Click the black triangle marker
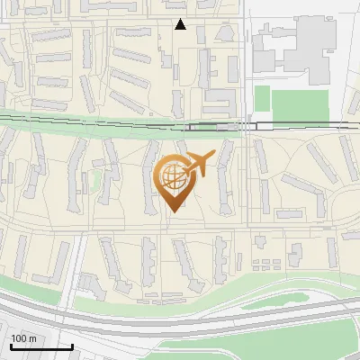[180, 24]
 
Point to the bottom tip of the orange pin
[171, 211]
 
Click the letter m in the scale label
[33, 338]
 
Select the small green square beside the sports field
[262, 99]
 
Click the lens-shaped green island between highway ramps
[270, 296]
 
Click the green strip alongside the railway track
[90, 116]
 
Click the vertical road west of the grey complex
[246, 54]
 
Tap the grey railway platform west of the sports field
[216, 127]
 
